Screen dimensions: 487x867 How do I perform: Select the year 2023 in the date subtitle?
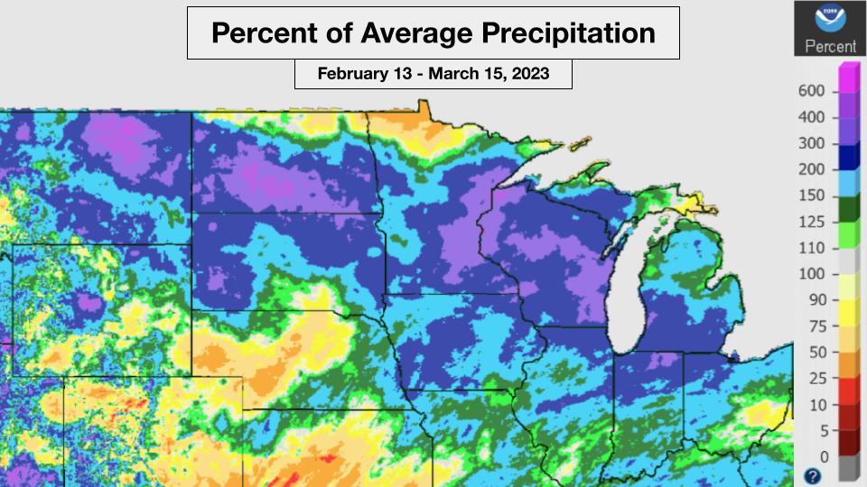point(531,73)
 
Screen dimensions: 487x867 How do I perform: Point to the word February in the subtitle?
point(352,73)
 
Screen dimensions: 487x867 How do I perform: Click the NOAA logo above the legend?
point(825,19)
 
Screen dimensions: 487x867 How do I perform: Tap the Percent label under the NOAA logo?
point(825,46)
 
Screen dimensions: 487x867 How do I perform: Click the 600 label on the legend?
point(813,91)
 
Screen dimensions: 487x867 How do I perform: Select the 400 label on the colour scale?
point(813,117)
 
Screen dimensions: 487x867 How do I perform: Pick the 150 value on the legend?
point(813,195)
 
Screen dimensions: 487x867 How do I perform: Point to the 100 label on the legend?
point(813,273)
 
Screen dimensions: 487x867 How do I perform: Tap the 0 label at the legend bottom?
point(823,456)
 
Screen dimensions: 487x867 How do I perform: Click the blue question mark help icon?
point(813,475)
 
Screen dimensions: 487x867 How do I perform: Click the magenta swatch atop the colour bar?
point(849,77)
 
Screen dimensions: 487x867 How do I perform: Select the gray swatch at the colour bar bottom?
point(849,468)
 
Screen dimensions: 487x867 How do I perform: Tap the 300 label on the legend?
point(813,143)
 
